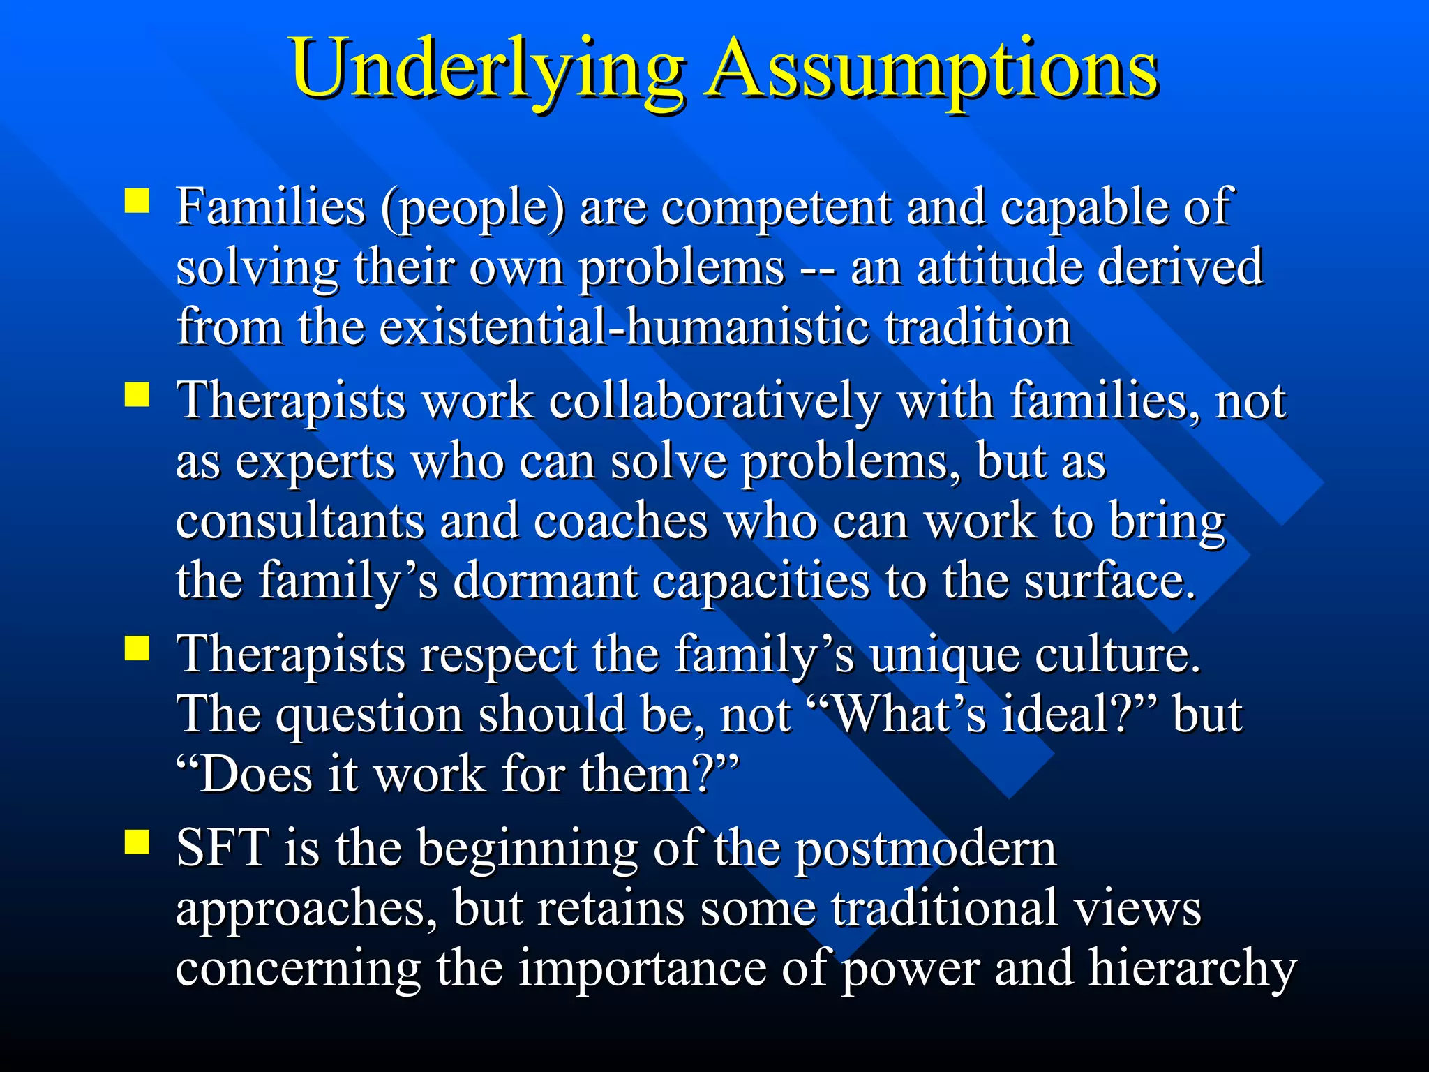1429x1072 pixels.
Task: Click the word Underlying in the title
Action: pos(487,70)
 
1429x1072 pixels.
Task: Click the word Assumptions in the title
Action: pos(931,70)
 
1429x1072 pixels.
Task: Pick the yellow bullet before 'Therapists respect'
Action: pos(137,648)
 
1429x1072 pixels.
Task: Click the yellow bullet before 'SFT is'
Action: pos(137,842)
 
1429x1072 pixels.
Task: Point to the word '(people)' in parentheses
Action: pos(473,207)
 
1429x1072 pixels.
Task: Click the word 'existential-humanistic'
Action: pos(624,328)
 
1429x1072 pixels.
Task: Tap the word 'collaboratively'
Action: pos(714,403)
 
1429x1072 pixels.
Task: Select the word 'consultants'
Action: pos(300,522)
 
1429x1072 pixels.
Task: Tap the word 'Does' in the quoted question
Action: pos(255,775)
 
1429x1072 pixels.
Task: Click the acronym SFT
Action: pos(223,849)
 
